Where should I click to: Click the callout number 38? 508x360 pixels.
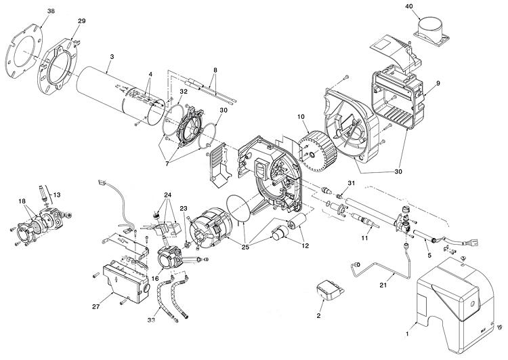click(x=51, y=11)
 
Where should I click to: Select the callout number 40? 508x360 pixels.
click(x=410, y=6)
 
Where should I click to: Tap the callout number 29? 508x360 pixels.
click(x=82, y=21)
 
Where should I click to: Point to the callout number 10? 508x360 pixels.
click(x=301, y=117)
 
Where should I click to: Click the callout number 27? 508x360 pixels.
click(x=96, y=306)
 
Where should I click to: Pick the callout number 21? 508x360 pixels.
click(x=383, y=285)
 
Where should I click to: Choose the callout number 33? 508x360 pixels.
click(x=151, y=320)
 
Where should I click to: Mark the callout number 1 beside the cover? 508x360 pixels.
click(x=408, y=333)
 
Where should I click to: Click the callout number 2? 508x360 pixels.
click(x=318, y=315)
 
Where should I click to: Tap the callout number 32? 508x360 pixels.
click(x=184, y=92)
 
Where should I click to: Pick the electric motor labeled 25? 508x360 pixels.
click(x=209, y=230)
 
